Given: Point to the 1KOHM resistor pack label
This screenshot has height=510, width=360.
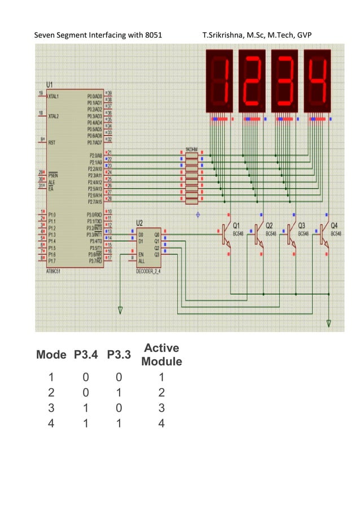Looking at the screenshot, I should (x=192, y=150).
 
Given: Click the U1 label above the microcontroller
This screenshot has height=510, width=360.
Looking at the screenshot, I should (x=50, y=84).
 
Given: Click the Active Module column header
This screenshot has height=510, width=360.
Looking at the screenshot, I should (x=161, y=355).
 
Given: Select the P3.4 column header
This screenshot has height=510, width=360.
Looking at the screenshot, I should (x=86, y=355).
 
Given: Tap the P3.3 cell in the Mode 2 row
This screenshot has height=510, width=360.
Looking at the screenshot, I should (x=119, y=392).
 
